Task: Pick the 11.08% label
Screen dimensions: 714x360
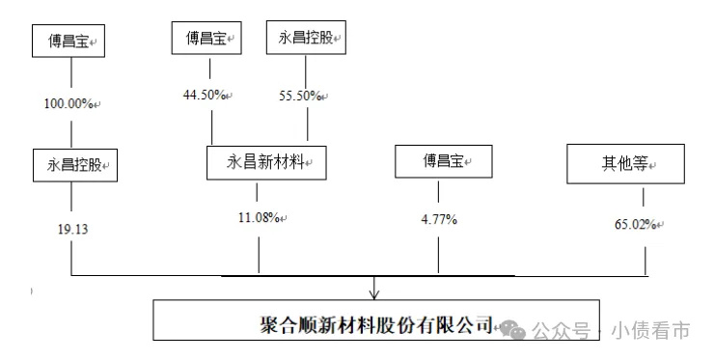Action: pyautogui.click(x=258, y=218)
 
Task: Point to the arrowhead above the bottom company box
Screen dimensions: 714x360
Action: pyautogui.click(x=374, y=291)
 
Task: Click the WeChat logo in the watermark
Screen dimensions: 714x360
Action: pyautogui.click(x=520, y=330)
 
